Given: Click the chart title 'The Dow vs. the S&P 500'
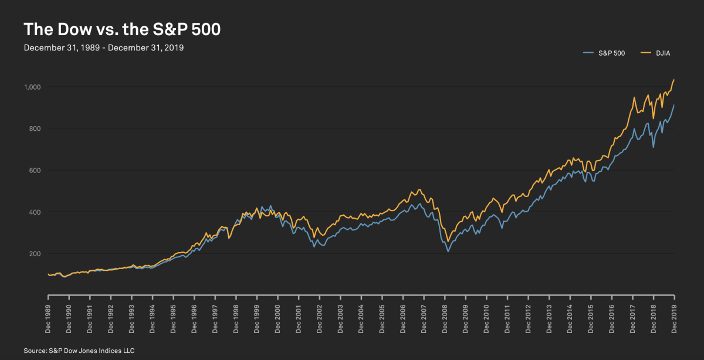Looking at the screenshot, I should (121, 30).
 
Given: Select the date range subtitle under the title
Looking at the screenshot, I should (104, 48).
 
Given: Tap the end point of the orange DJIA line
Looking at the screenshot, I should (674, 79).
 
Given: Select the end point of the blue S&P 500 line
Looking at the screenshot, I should (674, 106).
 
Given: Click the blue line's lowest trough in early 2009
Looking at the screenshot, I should (448, 252).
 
